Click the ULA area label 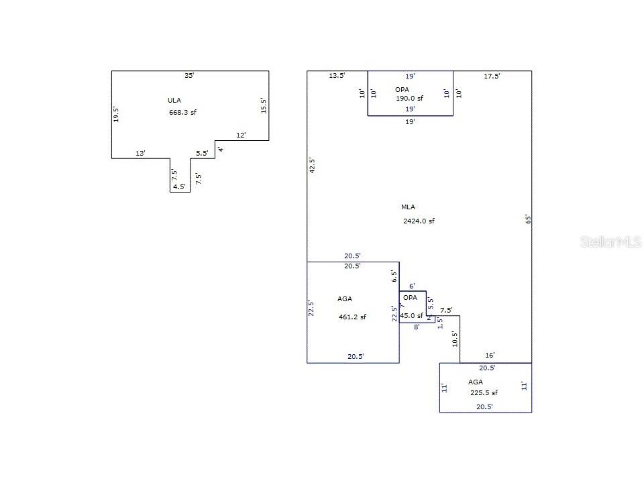coord(174,100)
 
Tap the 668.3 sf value coord(182,112)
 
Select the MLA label coord(408,207)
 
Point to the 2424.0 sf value coord(419,221)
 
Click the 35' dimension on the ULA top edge coord(189,76)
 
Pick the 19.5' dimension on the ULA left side coord(116,115)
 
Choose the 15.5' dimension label coord(264,105)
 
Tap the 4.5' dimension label coord(179,187)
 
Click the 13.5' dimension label coord(337,76)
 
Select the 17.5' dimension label coord(492,76)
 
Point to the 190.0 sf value coord(409,98)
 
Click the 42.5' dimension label coord(312,166)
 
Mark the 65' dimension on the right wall coord(528,219)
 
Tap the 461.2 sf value coord(352,317)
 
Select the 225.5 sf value coord(484,392)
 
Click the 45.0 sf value coord(411,315)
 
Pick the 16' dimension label coord(490,356)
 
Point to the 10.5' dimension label coord(455,339)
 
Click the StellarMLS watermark coord(610,242)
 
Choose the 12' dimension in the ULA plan coord(241,135)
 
